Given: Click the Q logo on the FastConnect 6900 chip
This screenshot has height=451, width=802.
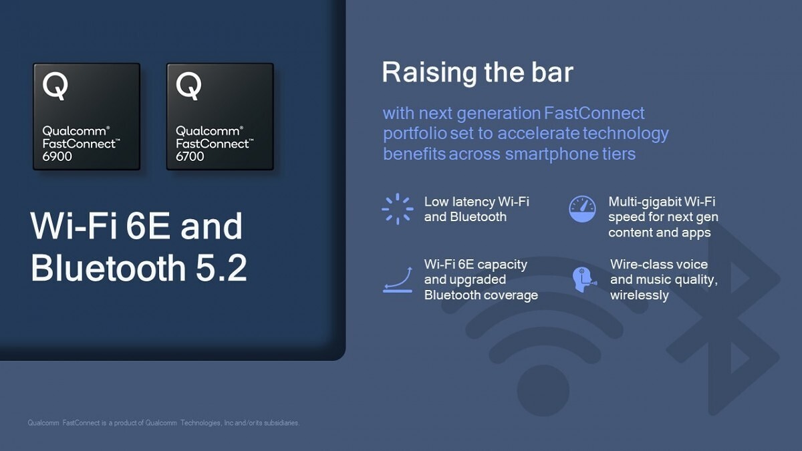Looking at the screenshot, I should [55, 86].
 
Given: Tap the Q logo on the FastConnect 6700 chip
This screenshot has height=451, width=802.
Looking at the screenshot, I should [188, 86].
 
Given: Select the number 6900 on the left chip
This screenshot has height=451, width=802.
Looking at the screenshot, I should [57, 156].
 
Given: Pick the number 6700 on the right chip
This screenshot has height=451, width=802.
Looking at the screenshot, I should [190, 156].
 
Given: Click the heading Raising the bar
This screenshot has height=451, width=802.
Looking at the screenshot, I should [477, 73].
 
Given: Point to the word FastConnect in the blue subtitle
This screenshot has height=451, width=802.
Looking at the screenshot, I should [594, 113].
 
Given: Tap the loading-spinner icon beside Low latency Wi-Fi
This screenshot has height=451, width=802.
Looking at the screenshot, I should [397, 209].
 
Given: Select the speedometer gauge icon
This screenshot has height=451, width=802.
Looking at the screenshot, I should [581, 209].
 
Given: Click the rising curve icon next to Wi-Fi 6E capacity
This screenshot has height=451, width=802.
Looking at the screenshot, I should [397, 279].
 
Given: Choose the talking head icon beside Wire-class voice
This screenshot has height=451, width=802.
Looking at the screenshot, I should [582, 279].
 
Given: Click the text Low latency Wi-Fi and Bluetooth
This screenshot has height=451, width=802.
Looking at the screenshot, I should [476, 209].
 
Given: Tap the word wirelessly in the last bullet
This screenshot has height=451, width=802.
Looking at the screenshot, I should [639, 295].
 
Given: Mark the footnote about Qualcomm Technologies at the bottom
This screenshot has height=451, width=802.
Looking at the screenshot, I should [164, 423].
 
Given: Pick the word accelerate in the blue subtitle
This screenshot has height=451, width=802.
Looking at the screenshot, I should [538, 134].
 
